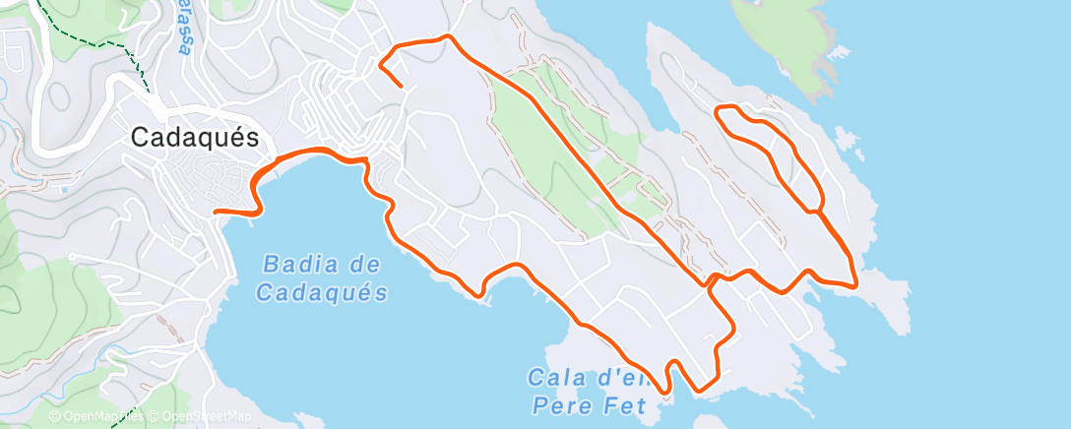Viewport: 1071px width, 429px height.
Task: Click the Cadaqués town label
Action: (x=195, y=139)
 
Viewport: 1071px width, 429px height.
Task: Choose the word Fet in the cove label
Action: (x=626, y=404)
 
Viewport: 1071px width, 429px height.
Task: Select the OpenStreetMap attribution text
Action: (x=197, y=417)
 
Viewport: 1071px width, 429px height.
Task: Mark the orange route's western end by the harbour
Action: (x=216, y=211)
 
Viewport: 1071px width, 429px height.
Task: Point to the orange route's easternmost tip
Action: (x=856, y=285)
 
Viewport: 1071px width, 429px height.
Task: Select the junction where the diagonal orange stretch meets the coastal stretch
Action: (x=708, y=282)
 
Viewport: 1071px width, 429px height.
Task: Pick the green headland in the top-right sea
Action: (x=788, y=44)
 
